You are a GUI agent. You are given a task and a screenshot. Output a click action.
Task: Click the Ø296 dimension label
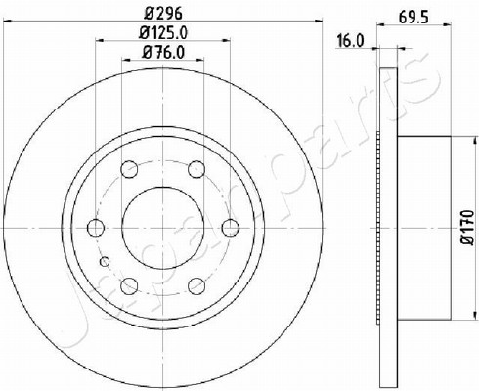(x=162, y=13)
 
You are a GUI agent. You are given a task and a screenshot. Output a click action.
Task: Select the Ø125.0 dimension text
(x=163, y=32)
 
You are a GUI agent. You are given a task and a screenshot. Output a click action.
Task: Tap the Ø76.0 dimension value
(x=163, y=52)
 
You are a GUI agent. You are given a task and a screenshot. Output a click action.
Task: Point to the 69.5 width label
(x=414, y=17)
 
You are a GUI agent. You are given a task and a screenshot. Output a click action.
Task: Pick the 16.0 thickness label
(x=350, y=41)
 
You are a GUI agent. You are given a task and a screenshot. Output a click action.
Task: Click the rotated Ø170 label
(x=467, y=227)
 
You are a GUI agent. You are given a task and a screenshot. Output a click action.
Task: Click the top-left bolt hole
(x=129, y=169)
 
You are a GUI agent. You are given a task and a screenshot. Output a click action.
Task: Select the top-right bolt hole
(x=196, y=169)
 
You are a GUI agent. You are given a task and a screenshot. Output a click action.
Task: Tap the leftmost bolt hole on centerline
(x=96, y=228)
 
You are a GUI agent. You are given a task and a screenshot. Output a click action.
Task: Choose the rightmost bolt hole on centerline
(x=231, y=228)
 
